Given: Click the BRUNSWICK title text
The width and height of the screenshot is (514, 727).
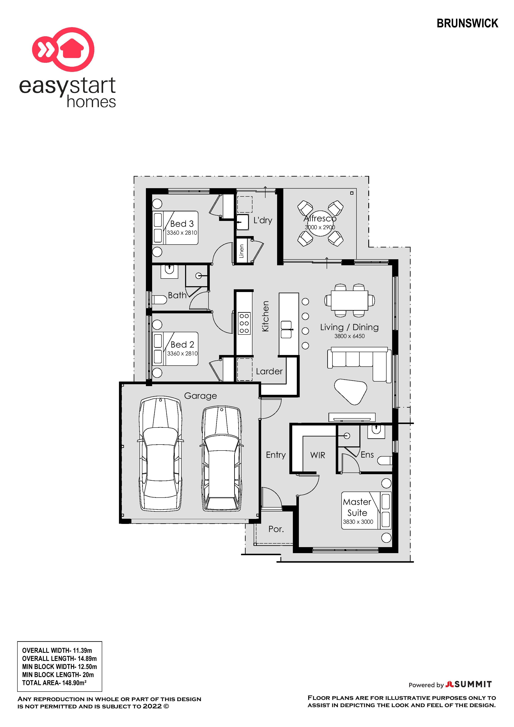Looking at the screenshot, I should (467, 23).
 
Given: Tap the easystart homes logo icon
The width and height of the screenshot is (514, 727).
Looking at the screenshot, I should (63, 49).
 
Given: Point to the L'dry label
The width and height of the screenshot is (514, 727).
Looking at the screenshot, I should (263, 220).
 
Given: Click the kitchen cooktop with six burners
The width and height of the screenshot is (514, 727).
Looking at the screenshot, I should (244, 323).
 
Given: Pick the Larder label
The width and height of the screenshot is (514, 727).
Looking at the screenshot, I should (269, 371).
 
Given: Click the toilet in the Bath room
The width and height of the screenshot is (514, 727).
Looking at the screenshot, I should (160, 299).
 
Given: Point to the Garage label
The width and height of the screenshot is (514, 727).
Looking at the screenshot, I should (200, 396).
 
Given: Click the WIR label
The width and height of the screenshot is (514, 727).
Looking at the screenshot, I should (318, 455).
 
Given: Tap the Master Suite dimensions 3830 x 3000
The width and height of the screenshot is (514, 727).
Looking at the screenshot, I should (358, 522).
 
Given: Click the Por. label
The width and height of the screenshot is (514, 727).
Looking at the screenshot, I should (276, 529).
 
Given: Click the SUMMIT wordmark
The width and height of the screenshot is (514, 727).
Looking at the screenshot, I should (473, 684).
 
